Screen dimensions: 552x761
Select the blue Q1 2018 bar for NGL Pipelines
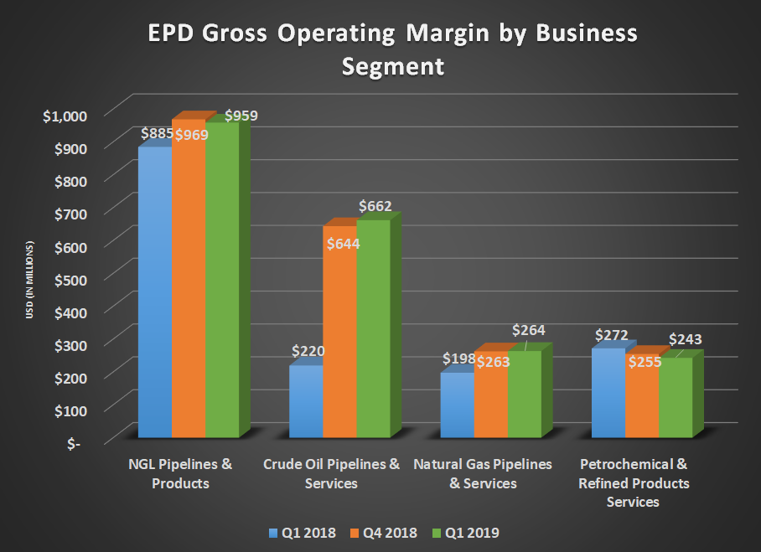(x=155, y=293)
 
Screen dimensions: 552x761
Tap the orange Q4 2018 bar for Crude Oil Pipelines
(x=339, y=335)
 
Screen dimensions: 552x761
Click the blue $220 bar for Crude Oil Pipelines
(x=306, y=402)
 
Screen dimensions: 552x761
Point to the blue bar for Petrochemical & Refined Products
(x=608, y=394)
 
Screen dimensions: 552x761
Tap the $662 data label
(x=375, y=206)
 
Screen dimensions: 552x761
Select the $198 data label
(x=458, y=359)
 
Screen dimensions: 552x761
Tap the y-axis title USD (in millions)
(x=29, y=281)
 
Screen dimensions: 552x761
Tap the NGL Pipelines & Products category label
(x=180, y=473)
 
